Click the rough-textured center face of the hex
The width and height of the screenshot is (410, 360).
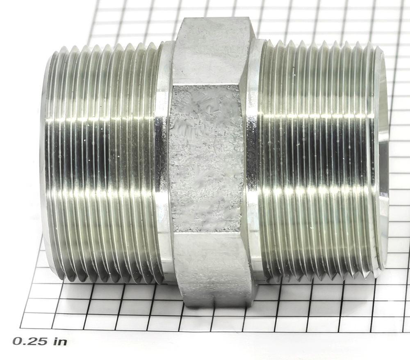click(207, 158)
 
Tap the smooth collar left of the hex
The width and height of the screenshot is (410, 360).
click(164, 162)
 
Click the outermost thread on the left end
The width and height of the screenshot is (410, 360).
click(54, 162)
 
